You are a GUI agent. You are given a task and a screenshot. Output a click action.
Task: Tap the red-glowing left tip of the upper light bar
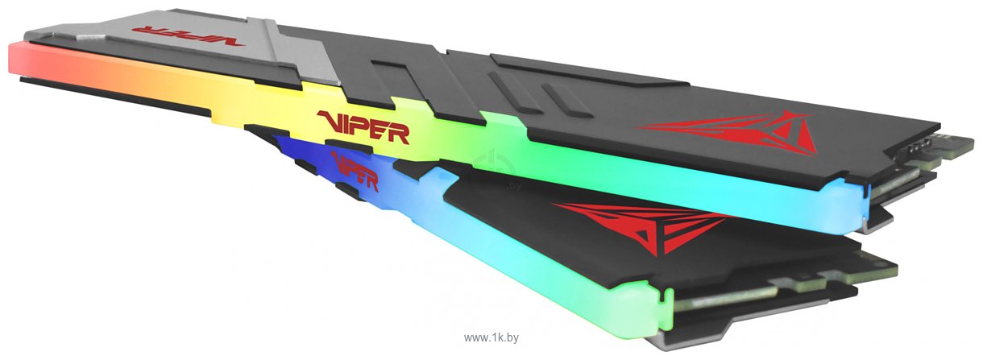tap(20, 60)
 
